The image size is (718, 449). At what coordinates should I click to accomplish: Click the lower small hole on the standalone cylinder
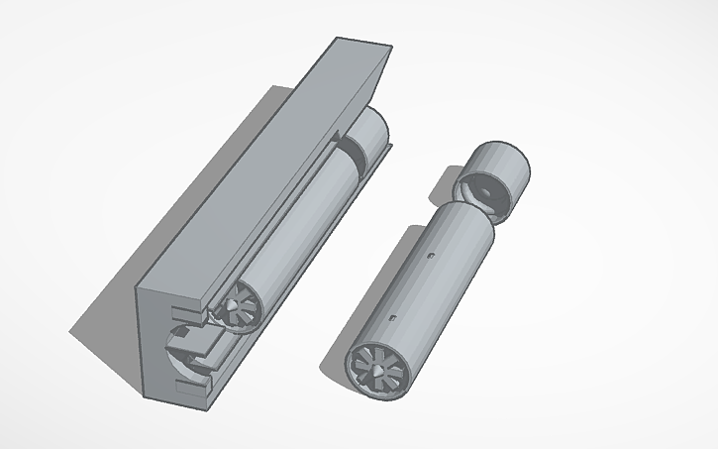tap(394, 317)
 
